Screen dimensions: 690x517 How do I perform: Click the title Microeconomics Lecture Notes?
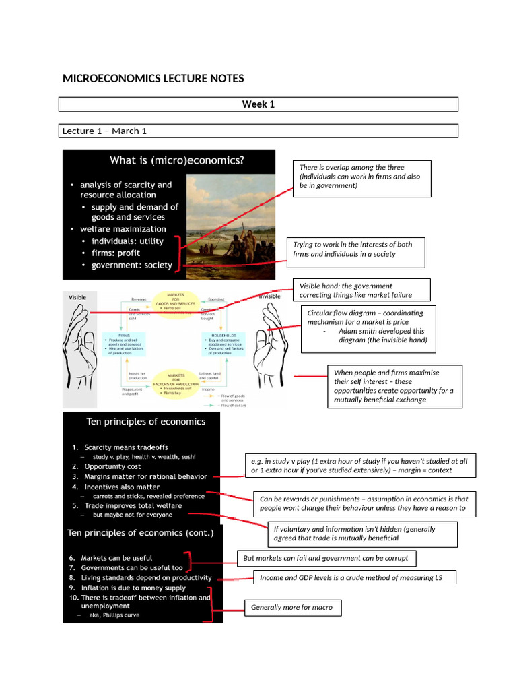(153, 79)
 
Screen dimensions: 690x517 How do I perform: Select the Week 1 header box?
(258, 104)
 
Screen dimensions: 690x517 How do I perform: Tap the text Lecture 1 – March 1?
(104, 131)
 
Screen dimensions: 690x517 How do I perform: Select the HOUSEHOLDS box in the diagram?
(223, 343)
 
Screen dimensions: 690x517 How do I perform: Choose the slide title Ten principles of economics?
(145, 422)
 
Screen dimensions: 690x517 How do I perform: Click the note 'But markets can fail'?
(326, 559)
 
